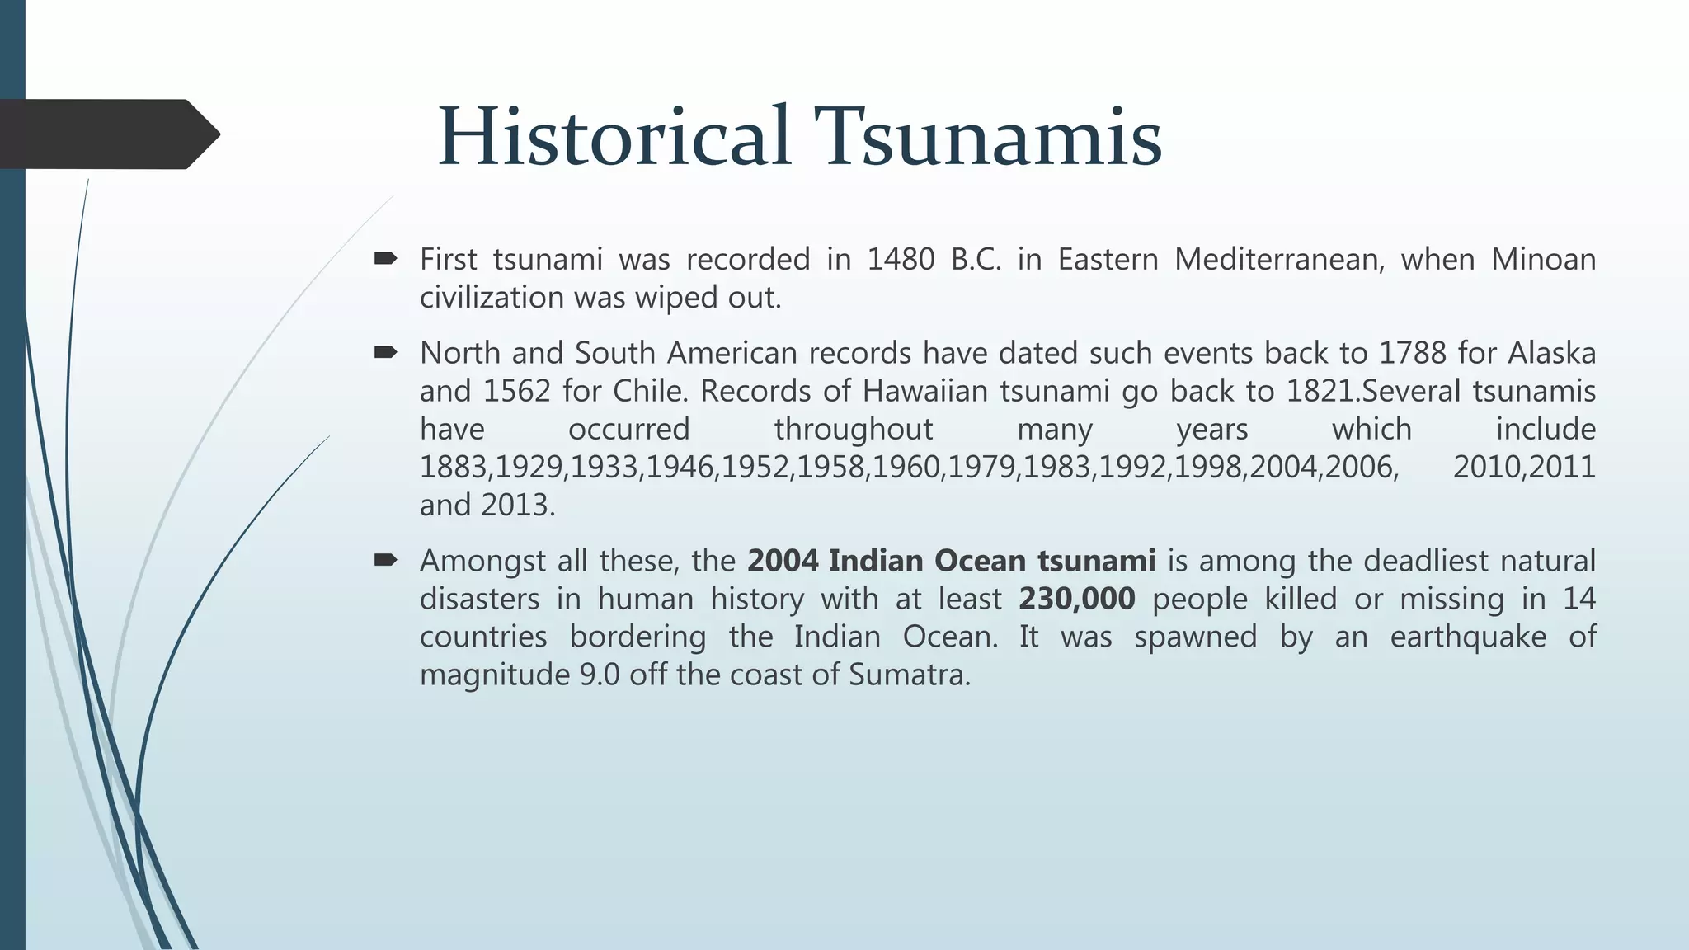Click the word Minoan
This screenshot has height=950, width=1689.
coord(1543,260)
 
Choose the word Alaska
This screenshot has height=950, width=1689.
coord(1552,353)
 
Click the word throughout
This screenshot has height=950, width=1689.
coord(854,429)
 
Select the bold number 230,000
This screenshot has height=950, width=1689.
coord(1076,599)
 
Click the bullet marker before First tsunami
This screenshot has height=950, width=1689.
coord(385,260)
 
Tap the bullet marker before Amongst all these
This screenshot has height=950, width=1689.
coord(385,561)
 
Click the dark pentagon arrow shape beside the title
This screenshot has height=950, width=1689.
coord(107,134)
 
